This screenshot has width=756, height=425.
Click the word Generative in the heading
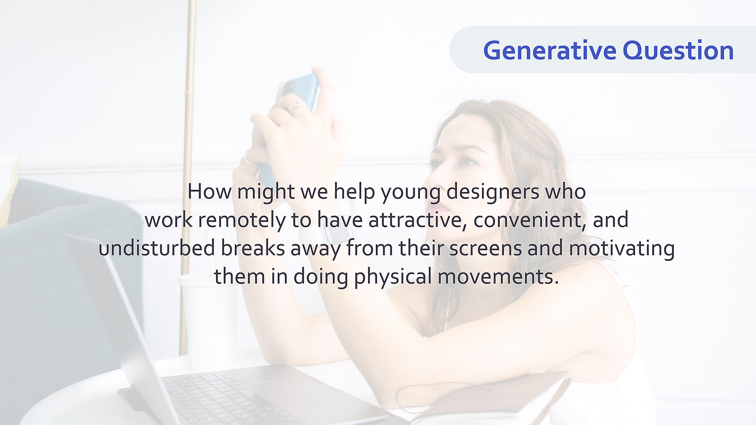[550, 51]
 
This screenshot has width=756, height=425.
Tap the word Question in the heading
[678, 51]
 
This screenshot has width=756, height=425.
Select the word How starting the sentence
[210, 192]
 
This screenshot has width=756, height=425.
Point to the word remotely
[241, 220]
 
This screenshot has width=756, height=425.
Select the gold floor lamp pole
[188, 177]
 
